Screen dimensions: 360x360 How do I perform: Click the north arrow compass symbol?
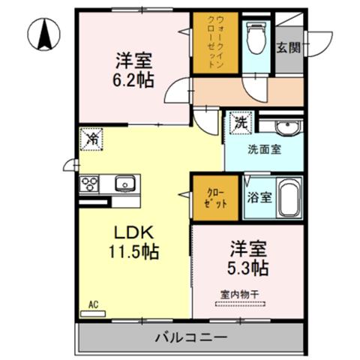pyautogui.click(x=43, y=34)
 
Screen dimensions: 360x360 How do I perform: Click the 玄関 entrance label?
pyautogui.click(x=288, y=47)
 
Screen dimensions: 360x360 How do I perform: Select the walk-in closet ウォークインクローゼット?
pyautogui.click(x=215, y=43)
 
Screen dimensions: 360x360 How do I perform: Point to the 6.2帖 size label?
pyautogui.click(x=133, y=79)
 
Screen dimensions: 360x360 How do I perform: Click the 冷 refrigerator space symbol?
pyautogui.click(x=91, y=139)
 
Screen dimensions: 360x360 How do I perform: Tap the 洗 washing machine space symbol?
pyautogui.click(x=241, y=123)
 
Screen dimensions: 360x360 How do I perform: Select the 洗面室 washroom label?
pyautogui.click(x=265, y=149)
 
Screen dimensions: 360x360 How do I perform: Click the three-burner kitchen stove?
pyautogui.click(x=89, y=184)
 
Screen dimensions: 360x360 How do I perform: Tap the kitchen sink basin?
pyautogui.click(x=125, y=184)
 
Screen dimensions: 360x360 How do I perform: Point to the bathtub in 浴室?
pyautogui.click(x=289, y=197)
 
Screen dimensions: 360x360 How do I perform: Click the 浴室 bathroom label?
pyautogui.click(x=259, y=197)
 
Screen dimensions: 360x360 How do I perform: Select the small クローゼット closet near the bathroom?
pyautogui.click(x=215, y=198)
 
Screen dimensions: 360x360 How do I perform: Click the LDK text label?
pyautogui.click(x=133, y=233)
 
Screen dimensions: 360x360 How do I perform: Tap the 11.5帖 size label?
pyautogui.click(x=133, y=251)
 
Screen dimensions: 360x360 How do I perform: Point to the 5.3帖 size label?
pyautogui.click(x=247, y=268)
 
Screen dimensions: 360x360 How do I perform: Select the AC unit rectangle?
pyautogui.click(x=93, y=313)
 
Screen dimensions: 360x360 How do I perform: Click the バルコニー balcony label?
pyautogui.click(x=191, y=338)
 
